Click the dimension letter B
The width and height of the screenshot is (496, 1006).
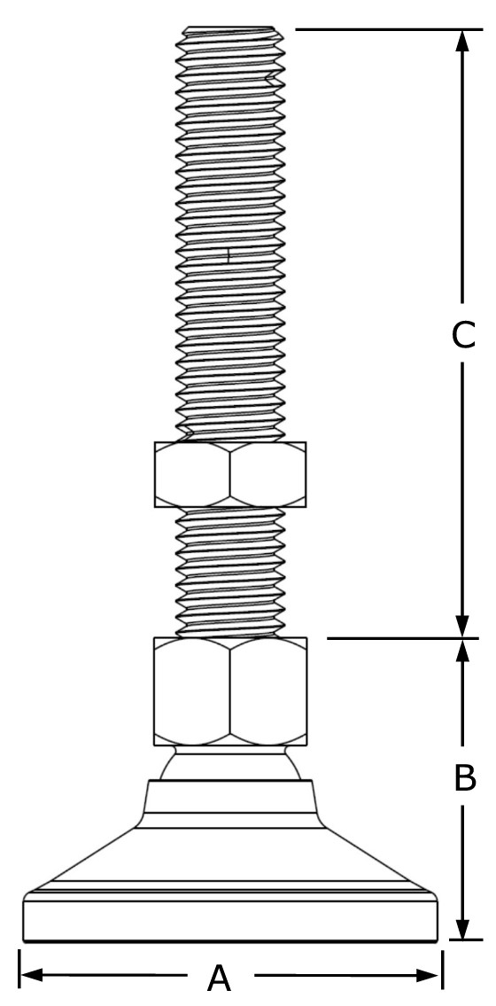coord(464,777)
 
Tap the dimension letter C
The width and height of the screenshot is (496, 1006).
coord(463,335)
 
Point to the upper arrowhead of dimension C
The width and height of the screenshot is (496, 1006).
coord(462,41)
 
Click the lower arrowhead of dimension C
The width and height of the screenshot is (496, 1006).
coord(462,627)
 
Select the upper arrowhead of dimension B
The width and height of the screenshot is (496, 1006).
coord(462,650)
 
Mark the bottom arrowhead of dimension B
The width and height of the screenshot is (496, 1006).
coord(462,929)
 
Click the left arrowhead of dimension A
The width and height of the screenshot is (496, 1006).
coord(32,976)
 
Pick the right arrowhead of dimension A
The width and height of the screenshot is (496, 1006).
coord(429,976)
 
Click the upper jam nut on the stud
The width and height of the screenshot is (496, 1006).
coord(230,474)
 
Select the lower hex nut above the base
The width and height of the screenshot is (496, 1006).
coord(230,691)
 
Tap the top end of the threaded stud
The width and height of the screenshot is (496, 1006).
coord(230,28)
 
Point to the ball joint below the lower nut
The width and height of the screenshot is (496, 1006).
coord(230,763)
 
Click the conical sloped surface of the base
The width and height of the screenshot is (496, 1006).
coord(230,860)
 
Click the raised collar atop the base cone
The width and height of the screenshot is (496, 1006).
coord(230,803)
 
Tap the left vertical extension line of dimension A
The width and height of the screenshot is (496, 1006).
coord(20,969)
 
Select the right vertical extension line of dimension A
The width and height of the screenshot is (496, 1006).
coord(442,969)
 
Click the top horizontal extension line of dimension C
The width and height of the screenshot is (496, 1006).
coord(388,29)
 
